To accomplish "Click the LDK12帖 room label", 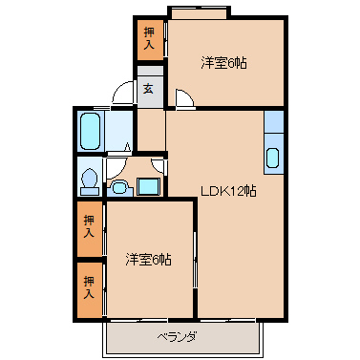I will coord(226,190).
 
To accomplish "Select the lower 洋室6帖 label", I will coord(148,259).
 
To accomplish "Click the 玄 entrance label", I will coord(149,90).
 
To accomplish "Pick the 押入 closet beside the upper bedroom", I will coord(150,39).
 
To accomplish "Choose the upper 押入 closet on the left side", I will coord(89,227).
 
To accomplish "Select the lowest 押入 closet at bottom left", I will coord(89,286).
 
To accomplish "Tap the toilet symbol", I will coord(89,178).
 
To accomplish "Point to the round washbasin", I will coord(120,186).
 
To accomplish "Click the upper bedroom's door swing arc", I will coord(184,97).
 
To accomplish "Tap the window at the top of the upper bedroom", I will coord(199,13).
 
